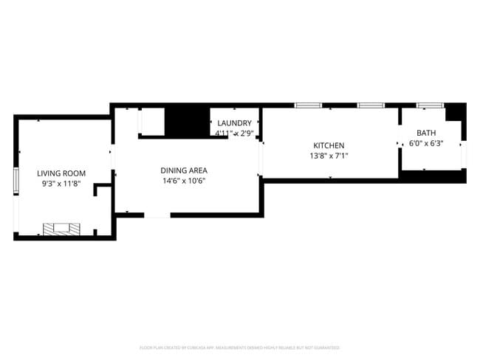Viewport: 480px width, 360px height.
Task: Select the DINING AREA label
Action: [184, 170]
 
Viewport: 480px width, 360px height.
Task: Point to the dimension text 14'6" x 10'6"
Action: [184, 181]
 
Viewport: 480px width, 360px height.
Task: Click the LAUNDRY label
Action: [234, 123]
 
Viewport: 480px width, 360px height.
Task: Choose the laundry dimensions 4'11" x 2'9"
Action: [234, 134]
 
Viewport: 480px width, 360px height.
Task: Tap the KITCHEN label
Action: [329, 145]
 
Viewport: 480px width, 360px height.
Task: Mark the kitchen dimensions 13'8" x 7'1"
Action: [329, 156]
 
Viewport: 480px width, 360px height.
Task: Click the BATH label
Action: [426, 133]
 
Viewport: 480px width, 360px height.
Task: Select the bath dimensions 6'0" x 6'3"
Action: [426, 143]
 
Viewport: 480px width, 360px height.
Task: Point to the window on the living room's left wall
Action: [16, 180]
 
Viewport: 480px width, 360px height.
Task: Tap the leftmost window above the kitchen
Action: [307, 105]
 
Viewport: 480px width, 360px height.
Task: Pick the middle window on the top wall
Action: [370, 105]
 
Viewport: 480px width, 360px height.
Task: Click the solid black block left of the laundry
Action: [187, 122]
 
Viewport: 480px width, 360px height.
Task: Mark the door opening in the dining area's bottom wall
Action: [157, 215]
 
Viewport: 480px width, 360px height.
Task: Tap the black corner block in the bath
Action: [456, 113]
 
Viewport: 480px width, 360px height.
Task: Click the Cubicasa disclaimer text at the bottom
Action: [240, 347]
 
